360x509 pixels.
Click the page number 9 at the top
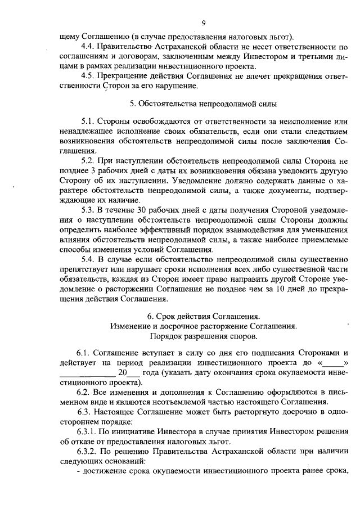pyautogui.click(x=205, y=23)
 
